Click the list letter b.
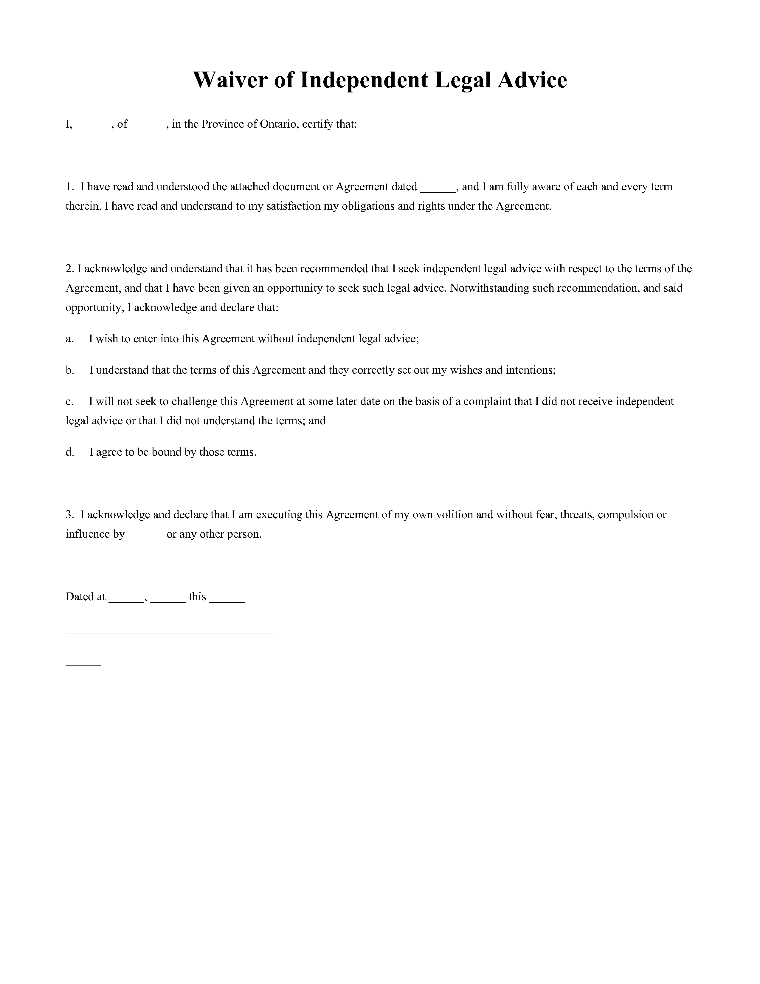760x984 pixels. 69,370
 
